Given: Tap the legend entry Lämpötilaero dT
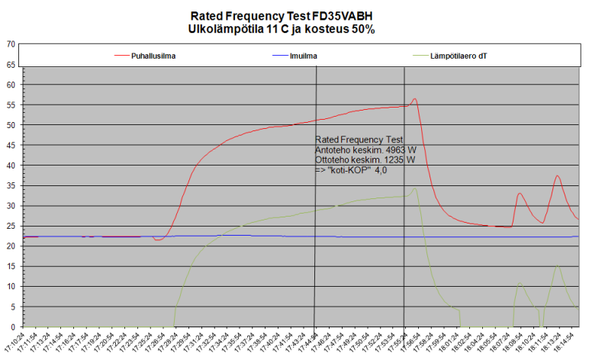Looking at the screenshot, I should tap(459, 55).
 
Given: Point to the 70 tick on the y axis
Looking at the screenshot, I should tap(11, 43).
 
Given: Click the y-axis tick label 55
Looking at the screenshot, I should tap(11, 104).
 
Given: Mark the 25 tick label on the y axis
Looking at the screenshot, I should tap(11, 227).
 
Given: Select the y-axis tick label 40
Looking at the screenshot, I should tap(11, 166).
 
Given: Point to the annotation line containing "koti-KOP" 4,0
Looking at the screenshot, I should tap(351, 170).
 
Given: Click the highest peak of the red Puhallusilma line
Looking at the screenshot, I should tap(414, 98).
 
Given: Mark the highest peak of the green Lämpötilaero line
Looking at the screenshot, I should tap(415, 188).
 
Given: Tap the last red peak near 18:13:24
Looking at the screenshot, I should tap(558, 176).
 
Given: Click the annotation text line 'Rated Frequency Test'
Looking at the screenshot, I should tap(358, 140).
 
